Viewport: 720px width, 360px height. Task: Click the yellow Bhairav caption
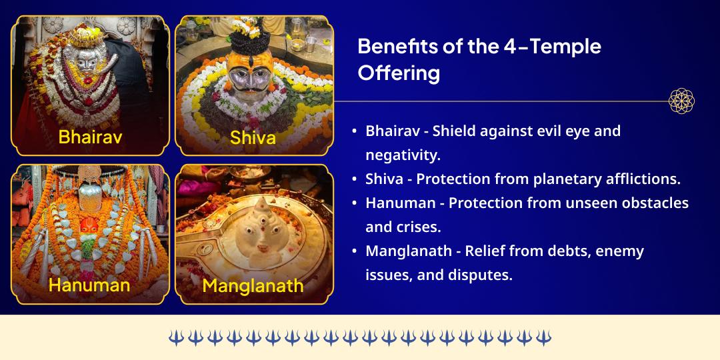tap(91, 137)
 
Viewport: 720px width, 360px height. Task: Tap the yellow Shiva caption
tap(253, 137)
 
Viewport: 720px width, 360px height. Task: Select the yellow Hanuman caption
tap(89, 285)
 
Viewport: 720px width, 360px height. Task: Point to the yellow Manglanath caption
tap(253, 286)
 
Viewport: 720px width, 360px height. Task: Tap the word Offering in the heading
tap(399, 72)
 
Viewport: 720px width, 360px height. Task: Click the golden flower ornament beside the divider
tap(681, 101)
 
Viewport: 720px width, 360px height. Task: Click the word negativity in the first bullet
tap(402, 155)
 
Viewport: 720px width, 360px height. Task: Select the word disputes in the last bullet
tap(484, 275)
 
